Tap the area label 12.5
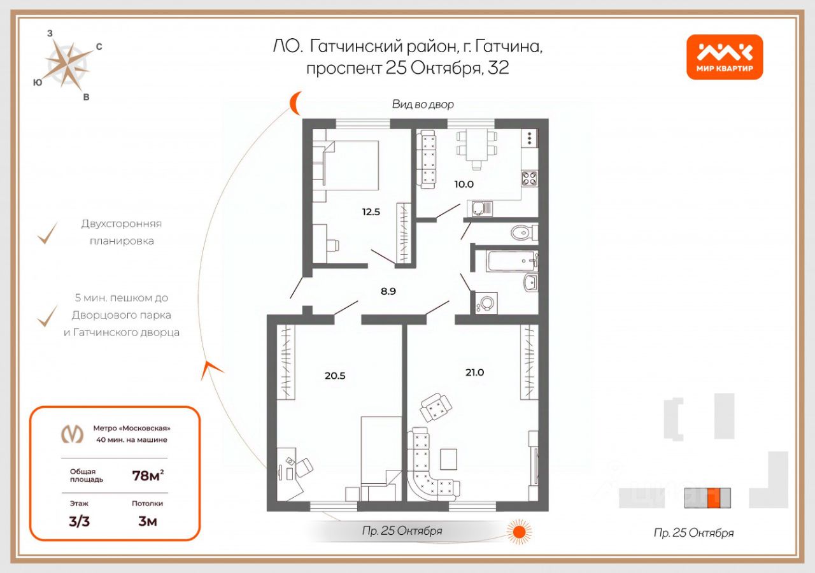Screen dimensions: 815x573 pyautogui.click(x=371, y=212)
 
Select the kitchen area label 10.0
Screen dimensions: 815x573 pyautogui.click(x=464, y=184)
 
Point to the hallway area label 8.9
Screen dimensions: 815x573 pyautogui.click(x=388, y=291)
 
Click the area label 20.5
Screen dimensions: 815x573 pyautogui.click(x=335, y=376)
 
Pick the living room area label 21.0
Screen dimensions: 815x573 pyautogui.click(x=475, y=372)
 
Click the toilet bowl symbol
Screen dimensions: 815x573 pyautogui.click(x=524, y=232)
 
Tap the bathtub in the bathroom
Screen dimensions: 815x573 pyautogui.click(x=512, y=261)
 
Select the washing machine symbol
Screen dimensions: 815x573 pyautogui.click(x=486, y=302)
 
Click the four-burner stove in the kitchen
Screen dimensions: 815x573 pyautogui.click(x=529, y=178)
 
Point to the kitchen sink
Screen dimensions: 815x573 pyautogui.click(x=481, y=209)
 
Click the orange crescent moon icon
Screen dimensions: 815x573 pyautogui.click(x=295, y=103)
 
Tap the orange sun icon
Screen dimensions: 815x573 pyautogui.click(x=519, y=532)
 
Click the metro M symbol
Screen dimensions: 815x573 pyautogui.click(x=72, y=434)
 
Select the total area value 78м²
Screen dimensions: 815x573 pyautogui.click(x=148, y=475)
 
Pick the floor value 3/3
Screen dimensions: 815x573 pyautogui.click(x=80, y=521)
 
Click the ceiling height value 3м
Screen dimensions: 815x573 pyautogui.click(x=148, y=521)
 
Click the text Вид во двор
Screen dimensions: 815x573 pyautogui.click(x=423, y=104)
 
